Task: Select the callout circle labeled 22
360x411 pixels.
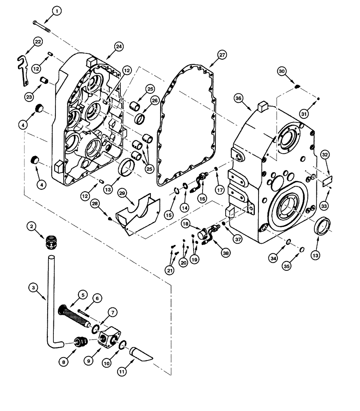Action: (38, 42)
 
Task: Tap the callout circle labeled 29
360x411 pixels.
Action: (122, 193)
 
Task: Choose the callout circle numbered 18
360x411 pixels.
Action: (185, 224)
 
